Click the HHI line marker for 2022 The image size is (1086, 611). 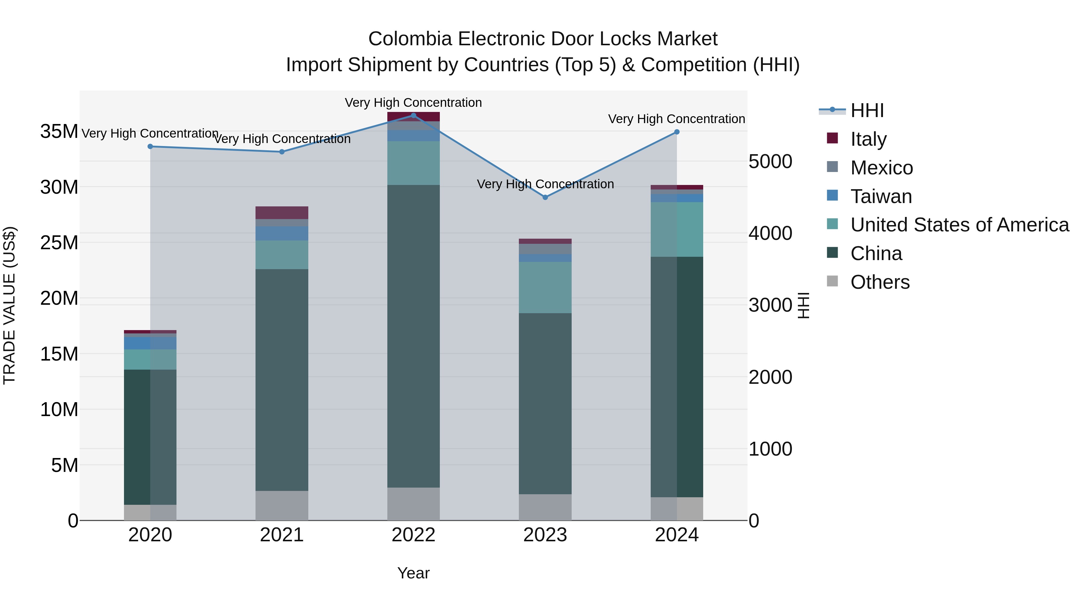click(x=413, y=116)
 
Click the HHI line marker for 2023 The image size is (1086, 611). click(x=545, y=197)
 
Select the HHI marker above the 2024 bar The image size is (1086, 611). click(x=677, y=132)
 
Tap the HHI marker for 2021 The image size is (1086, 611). click(x=282, y=152)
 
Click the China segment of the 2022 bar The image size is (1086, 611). click(x=413, y=336)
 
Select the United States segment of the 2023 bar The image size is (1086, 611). click(x=545, y=287)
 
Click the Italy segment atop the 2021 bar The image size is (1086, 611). click(x=282, y=212)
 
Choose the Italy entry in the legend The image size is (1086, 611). click(x=868, y=139)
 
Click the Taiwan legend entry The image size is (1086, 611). click(x=881, y=196)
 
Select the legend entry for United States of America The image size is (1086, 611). click(x=959, y=225)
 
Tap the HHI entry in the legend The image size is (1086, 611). click(x=866, y=110)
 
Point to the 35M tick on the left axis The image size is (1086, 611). click(x=59, y=132)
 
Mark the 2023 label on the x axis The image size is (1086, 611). click(x=545, y=535)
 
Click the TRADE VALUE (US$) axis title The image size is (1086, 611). click(x=9, y=305)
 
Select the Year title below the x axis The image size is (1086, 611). click(x=413, y=573)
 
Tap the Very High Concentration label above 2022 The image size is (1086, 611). click(x=413, y=103)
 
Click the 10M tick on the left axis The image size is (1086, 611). click(x=59, y=409)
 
